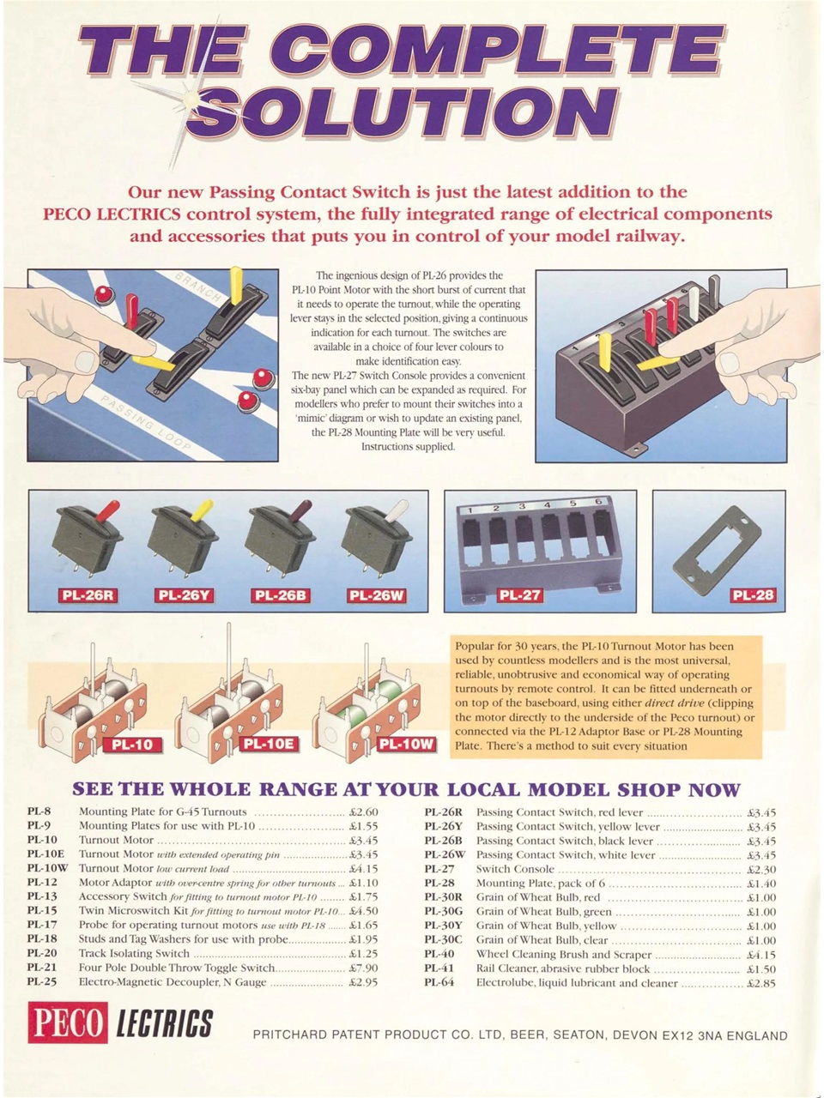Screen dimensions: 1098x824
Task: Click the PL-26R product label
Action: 86,594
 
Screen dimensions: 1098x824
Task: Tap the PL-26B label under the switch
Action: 282,594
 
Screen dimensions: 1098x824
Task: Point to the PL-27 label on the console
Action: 519,594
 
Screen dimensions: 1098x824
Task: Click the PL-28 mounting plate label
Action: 752,594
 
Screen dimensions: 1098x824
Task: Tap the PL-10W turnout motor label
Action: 407,744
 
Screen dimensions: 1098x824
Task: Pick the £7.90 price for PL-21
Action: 363,968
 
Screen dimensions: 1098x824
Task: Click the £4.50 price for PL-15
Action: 363,911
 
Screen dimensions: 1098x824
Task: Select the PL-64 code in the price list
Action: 439,982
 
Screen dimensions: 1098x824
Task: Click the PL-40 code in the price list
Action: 439,954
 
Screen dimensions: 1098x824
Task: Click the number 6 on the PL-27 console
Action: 600,502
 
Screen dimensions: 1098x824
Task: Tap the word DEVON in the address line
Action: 631,1035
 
